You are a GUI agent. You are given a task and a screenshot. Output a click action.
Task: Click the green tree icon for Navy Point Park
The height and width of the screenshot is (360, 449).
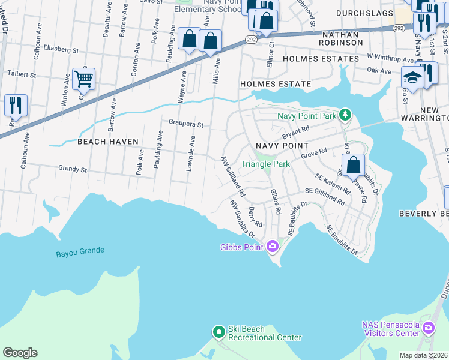(345, 114)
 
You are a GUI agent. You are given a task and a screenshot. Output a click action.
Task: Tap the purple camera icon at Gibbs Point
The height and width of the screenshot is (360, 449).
(273, 246)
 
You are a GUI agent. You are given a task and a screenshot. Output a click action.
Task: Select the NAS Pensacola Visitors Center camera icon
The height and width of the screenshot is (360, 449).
(428, 328)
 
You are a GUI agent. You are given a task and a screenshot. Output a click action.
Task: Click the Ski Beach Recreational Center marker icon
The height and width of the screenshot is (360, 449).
(220, 331)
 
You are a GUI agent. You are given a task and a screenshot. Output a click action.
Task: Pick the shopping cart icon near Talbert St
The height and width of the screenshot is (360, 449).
(83, 78)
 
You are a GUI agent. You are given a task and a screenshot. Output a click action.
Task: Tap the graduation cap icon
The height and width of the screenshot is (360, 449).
(412, 77)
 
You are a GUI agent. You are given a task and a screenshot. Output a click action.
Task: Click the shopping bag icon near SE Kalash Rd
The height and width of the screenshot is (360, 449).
(354, 164)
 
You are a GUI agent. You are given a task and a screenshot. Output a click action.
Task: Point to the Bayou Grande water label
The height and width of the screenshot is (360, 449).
(80, 250)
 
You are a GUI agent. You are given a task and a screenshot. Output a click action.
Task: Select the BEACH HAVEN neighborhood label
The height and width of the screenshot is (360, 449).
(108, 142)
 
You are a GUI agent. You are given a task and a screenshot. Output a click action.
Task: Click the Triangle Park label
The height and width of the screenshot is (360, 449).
(265, 164)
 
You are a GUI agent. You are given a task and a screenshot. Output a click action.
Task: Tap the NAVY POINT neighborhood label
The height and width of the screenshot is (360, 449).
(282, 146)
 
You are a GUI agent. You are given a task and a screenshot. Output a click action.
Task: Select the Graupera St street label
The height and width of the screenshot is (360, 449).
(186, 125)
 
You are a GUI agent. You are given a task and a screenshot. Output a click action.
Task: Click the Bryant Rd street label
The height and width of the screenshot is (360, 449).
(295, 129)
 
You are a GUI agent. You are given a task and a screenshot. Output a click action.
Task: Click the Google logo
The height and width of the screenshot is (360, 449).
(20, 353)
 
